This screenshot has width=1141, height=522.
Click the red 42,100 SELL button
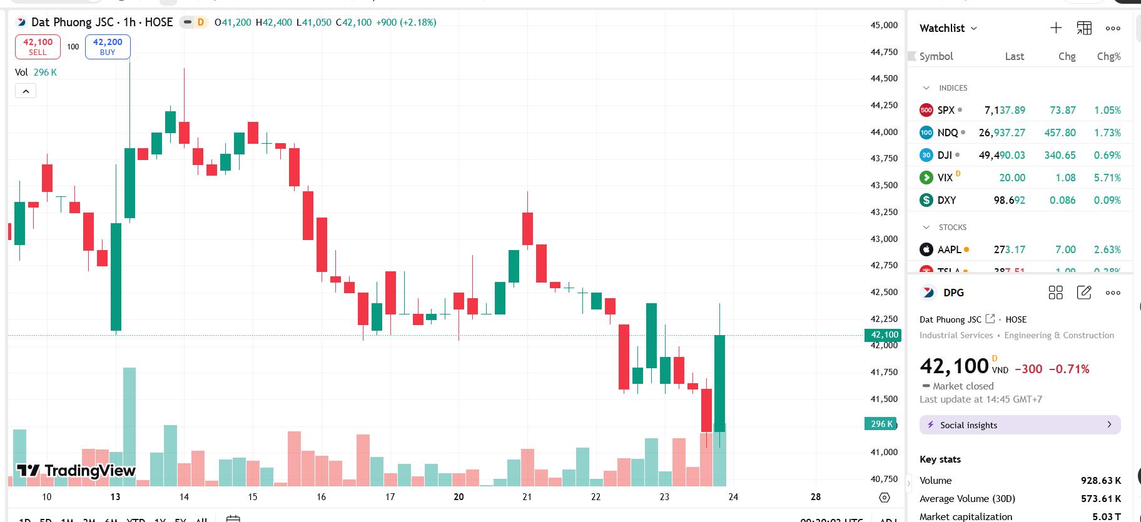coord(38,47)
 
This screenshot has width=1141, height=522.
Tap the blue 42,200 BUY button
coord(108,47)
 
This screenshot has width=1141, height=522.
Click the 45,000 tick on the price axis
coord(884,25)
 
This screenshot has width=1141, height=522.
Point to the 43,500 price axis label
coord(884,185)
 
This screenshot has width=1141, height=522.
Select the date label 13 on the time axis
coord(115,497)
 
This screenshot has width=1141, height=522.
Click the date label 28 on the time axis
coord(816,497)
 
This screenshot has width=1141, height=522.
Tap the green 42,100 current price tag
coord(884,335)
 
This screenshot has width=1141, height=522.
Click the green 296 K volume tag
coord(881,424)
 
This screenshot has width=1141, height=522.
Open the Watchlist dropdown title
coord(948,28)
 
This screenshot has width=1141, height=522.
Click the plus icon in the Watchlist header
coord(1056,28)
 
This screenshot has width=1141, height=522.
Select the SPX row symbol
coord(945,110)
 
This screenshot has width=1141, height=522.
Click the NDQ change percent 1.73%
coord(1107,133)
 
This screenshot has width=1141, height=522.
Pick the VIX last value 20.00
coord(1012,178)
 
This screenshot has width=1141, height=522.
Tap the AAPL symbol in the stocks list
coord(949,249)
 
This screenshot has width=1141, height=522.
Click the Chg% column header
coord(1108,56)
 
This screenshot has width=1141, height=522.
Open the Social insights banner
coord(1020,425)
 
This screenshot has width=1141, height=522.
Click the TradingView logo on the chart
coord(76,471)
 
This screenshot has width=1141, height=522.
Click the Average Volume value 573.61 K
coord(1100,498)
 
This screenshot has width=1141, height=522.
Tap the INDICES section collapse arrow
coord(926,88)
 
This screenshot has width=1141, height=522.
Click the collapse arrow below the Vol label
coord(26,91)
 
